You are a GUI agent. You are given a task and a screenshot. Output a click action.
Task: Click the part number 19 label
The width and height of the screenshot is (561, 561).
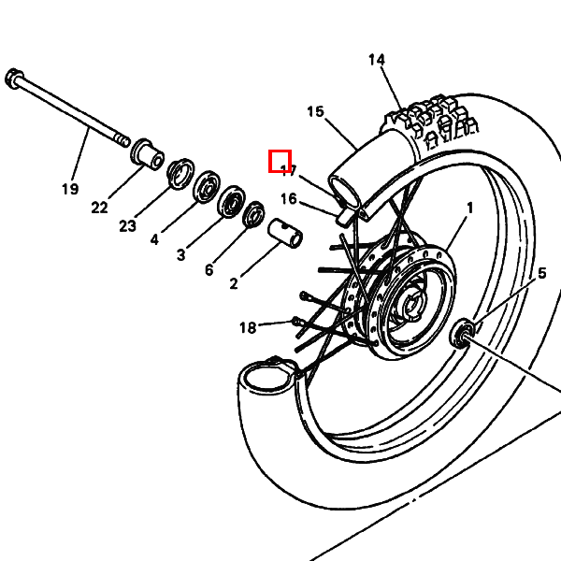[x=70, y=189]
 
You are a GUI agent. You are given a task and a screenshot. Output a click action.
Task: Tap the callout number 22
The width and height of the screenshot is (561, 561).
[x=100, y=208]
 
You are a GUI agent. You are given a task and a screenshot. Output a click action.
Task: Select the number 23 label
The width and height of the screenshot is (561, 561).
[x=128, y=225]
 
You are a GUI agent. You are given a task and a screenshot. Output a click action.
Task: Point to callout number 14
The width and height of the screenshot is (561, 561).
[x=377, y=61]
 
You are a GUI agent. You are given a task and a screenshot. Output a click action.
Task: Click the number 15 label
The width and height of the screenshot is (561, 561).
[x=315, y=112]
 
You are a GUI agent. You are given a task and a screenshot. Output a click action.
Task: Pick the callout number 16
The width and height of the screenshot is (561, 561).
[x=288, y=199]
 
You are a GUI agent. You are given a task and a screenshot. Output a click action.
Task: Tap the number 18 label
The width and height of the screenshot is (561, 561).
[x=248, y=327]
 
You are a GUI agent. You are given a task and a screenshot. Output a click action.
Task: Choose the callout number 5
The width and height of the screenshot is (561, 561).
[x=540, y=274]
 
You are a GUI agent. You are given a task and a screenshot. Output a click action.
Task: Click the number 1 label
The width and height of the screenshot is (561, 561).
[x=469, y=208]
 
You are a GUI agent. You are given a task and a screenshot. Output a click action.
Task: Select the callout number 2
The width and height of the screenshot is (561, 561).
[x=234, y=281]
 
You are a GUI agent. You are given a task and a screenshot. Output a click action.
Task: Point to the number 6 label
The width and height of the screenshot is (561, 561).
[x=209, y=270]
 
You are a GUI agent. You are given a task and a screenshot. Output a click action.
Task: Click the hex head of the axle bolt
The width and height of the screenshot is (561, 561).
[x=14, y=77]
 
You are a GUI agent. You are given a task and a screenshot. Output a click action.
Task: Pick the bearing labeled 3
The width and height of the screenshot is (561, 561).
[x=230, y=202]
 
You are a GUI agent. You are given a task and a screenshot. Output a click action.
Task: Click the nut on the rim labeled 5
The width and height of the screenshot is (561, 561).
[x=462, y=333]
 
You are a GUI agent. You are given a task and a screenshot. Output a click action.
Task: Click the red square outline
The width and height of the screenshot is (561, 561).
[x=280, y=161]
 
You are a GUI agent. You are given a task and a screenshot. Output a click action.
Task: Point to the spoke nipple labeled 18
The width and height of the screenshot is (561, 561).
[x=297, y=323]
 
